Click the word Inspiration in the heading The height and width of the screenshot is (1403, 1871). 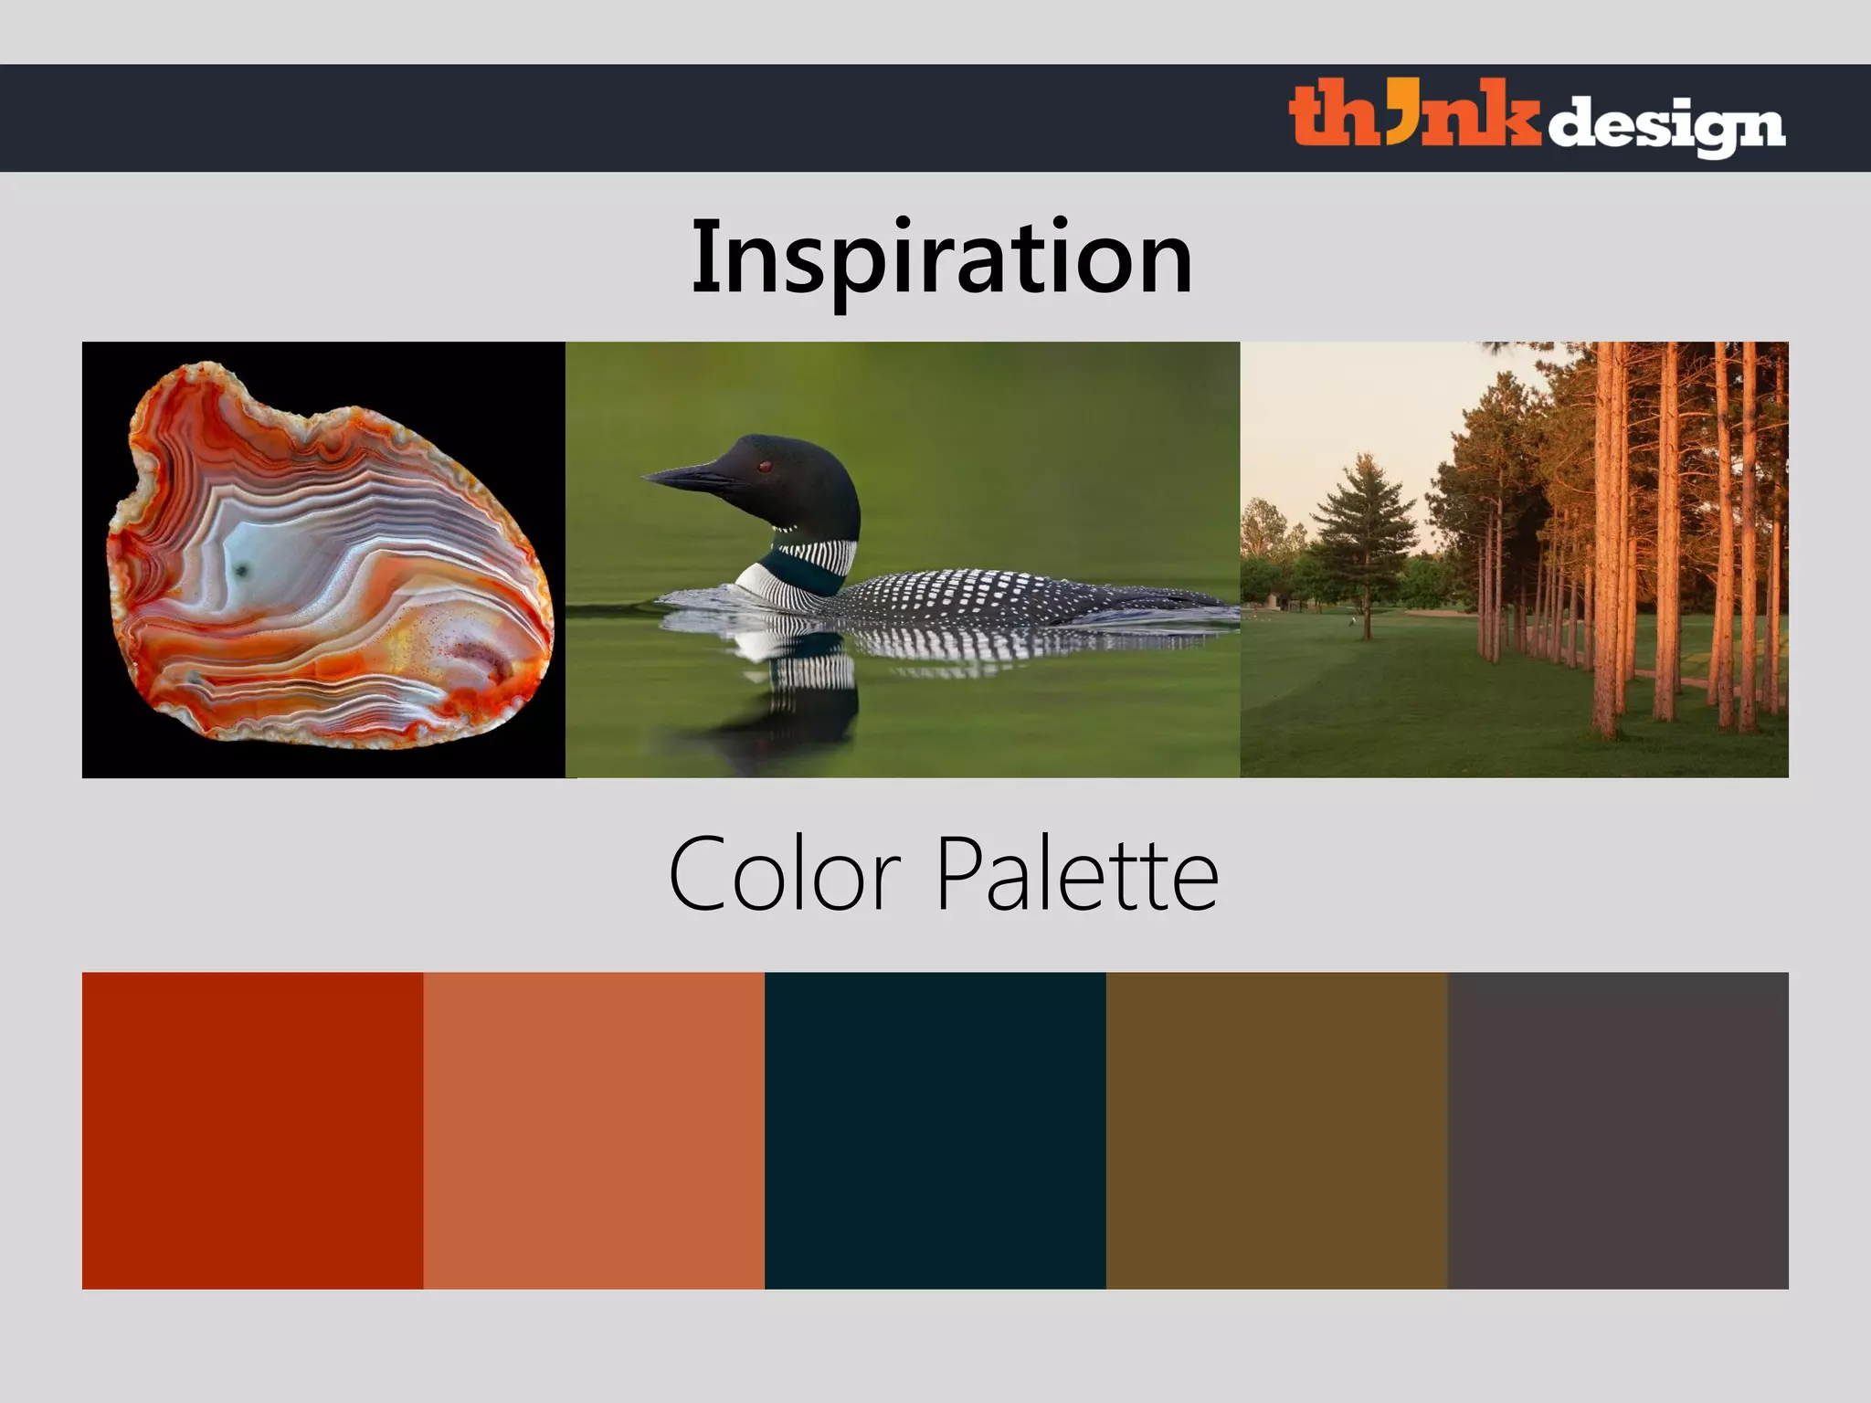click(941, 258)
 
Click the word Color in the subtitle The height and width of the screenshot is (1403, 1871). click(784, 875)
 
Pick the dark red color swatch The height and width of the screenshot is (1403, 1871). click(252, 1130)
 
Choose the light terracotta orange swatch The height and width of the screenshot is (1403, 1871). click(594, 1130)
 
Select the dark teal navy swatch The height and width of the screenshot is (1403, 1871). click(935, 1130)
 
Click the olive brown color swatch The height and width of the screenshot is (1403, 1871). click(1276, 1130)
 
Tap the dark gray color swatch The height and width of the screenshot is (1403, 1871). click(1617, 1130)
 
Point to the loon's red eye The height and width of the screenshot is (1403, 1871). click(765, 467)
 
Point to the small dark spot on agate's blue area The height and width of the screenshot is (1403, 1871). click(242, 571)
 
